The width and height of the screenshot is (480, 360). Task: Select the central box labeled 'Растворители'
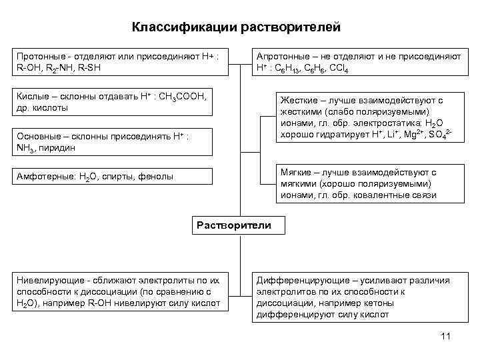tap(233, 225)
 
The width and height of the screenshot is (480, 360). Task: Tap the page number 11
tap(446, 335)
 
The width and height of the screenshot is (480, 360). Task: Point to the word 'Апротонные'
tap(284, 57)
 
